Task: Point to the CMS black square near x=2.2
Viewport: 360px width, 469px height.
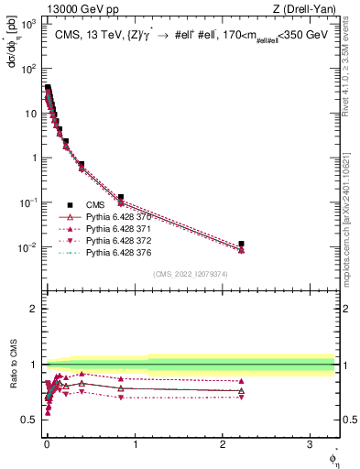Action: pos(241,245)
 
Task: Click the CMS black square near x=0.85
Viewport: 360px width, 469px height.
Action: pos(121,198)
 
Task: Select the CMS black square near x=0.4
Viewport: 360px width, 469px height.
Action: pos(82,165)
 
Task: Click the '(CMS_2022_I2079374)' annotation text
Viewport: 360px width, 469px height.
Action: pos(191,273)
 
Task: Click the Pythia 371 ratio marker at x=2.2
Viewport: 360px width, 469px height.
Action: pos(241,381)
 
